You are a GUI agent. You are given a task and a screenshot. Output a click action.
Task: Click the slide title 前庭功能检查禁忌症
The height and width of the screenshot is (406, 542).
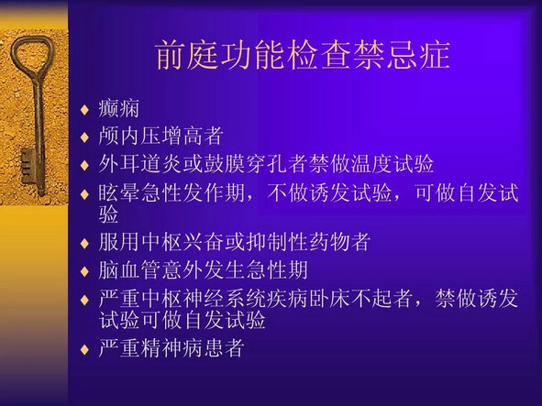coord(303,55)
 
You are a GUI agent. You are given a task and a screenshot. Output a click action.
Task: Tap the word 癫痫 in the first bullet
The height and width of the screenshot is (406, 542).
coord(119,108)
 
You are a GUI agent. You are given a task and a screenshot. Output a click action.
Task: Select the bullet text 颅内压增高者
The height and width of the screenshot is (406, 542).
coord(160,136)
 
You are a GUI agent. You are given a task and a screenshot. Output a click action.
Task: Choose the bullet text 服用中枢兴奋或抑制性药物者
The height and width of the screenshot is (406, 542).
coord(235,242)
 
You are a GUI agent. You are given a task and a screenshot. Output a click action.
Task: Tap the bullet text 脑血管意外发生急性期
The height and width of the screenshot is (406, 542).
coord(203,269)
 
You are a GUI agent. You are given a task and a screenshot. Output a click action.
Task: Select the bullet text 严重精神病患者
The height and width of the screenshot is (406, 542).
coord(171,348)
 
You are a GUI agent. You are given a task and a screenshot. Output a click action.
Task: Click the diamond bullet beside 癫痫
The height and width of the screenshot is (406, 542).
coord(84,110)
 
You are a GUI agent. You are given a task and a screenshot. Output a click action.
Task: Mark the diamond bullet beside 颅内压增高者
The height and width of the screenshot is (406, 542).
coord(84,137)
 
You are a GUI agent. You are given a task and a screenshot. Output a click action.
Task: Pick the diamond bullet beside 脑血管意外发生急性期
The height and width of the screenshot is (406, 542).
coord(84,271)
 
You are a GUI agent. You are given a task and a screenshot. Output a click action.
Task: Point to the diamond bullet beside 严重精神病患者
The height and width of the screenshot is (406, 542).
coord(84,349)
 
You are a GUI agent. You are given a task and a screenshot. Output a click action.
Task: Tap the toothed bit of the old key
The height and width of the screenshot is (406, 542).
coord(28,166)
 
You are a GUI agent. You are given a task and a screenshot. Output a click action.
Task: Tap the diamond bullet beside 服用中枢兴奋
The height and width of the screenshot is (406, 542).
coord(84,243)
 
